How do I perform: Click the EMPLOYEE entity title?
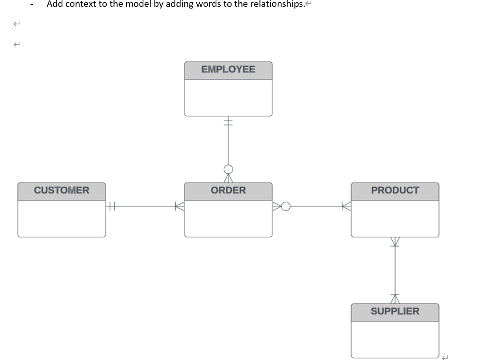pos(228,70)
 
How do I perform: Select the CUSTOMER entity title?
pos(62,190)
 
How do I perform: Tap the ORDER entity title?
pos(228,190)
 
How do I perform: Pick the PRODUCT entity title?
pos(395,190)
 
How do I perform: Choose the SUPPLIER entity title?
pos(395,311)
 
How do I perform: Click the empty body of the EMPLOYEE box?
pos(228,97)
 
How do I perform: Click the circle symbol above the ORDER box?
pos(228,169)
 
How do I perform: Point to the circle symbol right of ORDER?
pos(285,207)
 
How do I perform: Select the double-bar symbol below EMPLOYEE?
pos(228,122)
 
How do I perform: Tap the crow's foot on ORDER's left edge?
pos(180,207)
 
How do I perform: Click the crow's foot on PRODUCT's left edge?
pos(346,207)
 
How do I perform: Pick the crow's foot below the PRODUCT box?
pos(395,242)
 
